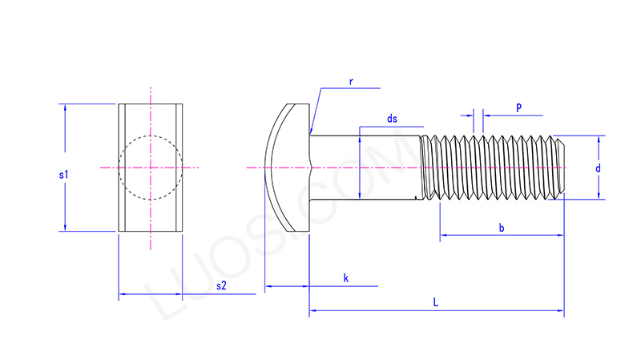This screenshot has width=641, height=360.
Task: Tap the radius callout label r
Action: coord(352,81)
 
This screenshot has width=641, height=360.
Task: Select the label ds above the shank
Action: coord(392,119)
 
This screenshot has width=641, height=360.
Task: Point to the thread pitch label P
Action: coord(519,107)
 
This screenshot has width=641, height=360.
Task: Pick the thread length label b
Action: coord(502,229)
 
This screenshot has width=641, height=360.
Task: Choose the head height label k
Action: coord(345,278)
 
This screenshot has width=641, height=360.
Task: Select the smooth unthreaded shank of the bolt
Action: coord(365,168)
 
